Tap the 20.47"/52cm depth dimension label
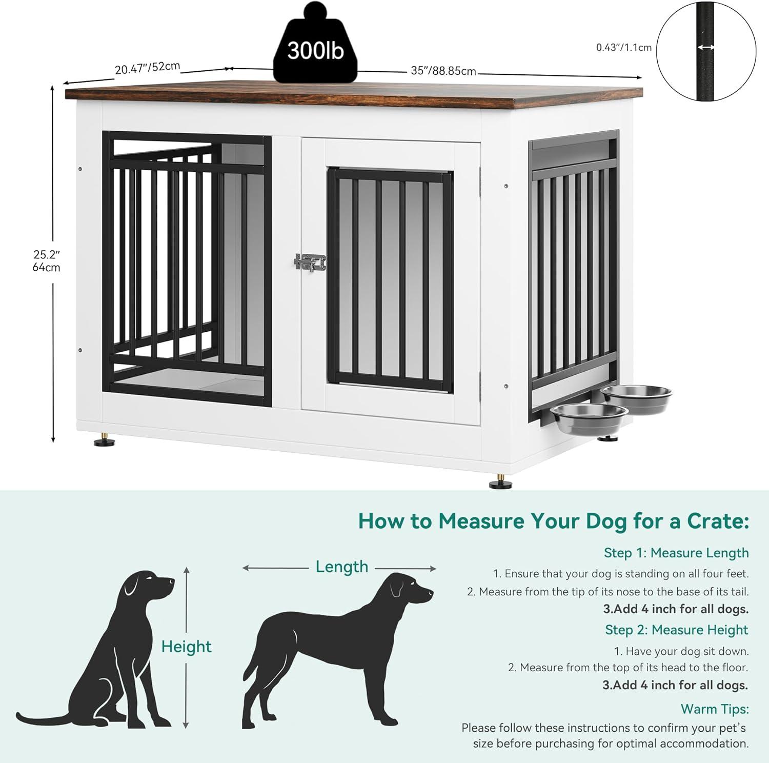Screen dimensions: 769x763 (148, 67)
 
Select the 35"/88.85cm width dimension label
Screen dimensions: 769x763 (443, 70)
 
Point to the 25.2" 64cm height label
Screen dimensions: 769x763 (47, 260)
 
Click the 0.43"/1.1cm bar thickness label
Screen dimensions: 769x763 (624, 47)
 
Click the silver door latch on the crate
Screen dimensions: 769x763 (310, 263)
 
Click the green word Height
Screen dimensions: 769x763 (186, 647)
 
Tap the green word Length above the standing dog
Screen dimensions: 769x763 (342, 567)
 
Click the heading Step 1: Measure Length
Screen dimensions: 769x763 (676, 553)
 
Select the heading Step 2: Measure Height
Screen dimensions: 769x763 (677, 630)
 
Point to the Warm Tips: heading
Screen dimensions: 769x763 (715, 709)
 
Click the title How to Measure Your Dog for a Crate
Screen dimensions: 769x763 (554, 521)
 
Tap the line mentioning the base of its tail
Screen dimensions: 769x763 (608, 592)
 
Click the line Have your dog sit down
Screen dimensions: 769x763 (682, 651)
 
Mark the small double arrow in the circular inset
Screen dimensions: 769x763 (706, 47)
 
